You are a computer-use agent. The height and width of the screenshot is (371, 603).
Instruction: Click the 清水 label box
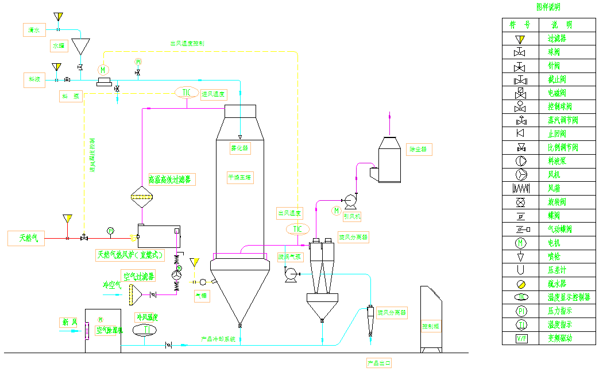click(33, 29)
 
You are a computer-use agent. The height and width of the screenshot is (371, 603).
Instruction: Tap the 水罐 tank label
click(59, 45)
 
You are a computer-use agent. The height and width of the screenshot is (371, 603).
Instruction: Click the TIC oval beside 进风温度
click(187, 93)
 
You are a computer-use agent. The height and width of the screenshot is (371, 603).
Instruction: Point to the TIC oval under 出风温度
click(297, 230)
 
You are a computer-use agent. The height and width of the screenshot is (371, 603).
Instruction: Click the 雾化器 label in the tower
click(240, 148)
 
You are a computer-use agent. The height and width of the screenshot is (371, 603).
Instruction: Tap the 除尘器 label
click(419, 150)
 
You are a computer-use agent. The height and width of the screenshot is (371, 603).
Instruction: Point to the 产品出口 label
click(379, 363)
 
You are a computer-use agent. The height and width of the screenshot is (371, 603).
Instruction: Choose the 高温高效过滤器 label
click(171, 179)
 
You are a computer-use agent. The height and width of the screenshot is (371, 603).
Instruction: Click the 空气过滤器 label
click(138, 276)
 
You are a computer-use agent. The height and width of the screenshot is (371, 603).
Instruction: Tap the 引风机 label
click(352, 217)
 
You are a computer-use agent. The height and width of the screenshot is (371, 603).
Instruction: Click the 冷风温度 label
click(146, 317)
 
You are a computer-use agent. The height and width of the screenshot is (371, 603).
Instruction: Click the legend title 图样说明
click(548, 7)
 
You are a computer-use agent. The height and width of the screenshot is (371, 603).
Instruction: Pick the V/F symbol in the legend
click(520, 338)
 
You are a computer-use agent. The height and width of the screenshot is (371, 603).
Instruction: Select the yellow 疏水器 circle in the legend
click(520, 284)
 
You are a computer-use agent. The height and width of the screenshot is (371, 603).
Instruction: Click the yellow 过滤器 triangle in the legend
click(520, 39)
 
